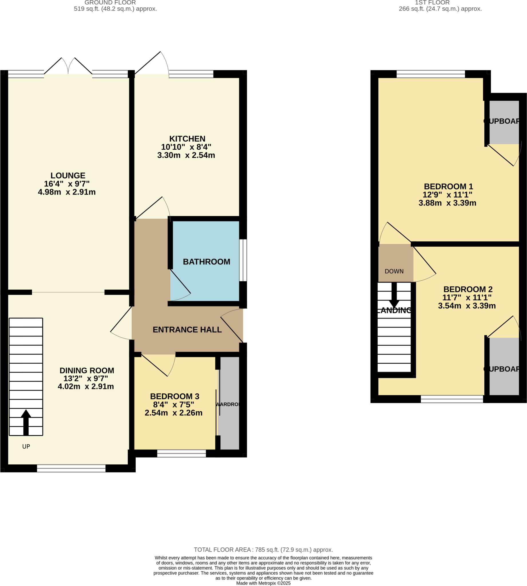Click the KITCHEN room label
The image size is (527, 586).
(187, 139)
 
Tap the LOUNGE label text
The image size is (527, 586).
(68, 176)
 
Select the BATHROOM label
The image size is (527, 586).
(206, 262)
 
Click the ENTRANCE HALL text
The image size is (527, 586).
(187, 330)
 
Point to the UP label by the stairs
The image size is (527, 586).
(26, 447)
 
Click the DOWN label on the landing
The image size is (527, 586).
(394, 272)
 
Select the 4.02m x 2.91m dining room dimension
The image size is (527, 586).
(86, 387)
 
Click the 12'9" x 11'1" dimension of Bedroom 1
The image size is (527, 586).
(447, 195)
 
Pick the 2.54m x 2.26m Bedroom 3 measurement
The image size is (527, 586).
(173, 413)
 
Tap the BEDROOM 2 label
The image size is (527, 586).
(468, 289)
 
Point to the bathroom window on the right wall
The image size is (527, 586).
(243, 260)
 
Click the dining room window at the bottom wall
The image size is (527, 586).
(71, 468)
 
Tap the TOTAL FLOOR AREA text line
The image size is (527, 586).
(263, 550)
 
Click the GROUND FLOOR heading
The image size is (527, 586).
(110, 3)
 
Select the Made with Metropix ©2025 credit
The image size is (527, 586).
(263, 583)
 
